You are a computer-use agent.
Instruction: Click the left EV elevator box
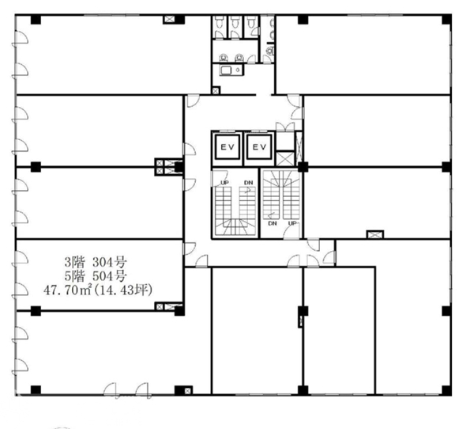pos(228,147)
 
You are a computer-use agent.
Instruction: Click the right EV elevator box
pos(259,147)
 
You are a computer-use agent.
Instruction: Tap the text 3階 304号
pos(96,261)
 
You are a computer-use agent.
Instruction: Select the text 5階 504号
pos(96,276)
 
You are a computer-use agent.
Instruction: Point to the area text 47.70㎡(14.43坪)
pos(98,290)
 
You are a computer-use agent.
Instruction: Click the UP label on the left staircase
pos(224,183)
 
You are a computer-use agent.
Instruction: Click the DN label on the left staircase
pos(249,183)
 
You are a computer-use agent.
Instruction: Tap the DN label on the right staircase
pos(273,223)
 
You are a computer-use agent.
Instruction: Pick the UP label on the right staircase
pos(292,223)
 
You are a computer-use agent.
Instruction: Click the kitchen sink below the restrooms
pos(226,70)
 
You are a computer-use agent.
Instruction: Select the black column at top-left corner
pos(36,19)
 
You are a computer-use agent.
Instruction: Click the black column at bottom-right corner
pos(446,390)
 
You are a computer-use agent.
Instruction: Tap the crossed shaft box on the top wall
pos(169,20)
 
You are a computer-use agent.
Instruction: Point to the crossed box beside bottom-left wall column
pos(188,391)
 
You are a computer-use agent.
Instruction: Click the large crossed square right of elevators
pos(285,159)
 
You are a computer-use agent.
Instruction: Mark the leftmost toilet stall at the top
pos(219,27)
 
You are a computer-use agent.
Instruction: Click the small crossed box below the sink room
pos(216,90)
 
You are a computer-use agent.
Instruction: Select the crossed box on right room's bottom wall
pos(374,234)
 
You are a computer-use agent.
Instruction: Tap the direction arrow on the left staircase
pos(248,190)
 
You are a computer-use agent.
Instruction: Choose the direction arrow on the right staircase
pos(272,216)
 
